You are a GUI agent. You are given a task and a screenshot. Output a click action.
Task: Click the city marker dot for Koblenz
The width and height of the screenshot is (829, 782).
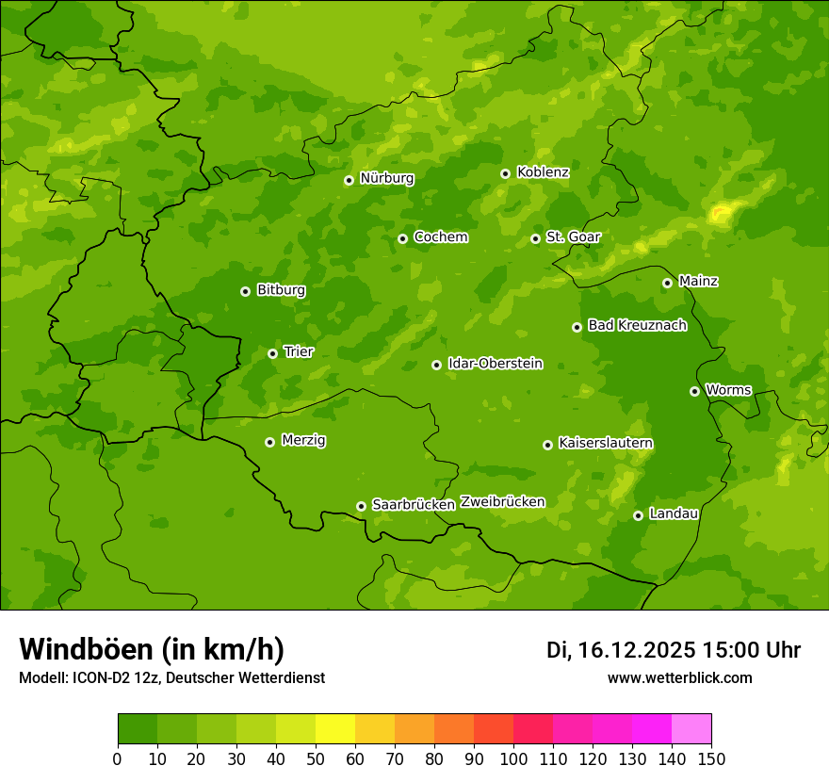click(x=506, y=173)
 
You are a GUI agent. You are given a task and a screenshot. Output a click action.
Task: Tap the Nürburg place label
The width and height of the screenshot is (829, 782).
click(x=386, y=178)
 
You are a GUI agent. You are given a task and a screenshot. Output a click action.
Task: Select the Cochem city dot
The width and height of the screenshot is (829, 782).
click(x=402, y=238)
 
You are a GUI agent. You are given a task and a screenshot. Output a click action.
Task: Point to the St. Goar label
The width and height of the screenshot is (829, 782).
click(x=573, y=237)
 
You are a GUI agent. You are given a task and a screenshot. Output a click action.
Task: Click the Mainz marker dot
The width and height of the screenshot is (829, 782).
click(x=667, y=283)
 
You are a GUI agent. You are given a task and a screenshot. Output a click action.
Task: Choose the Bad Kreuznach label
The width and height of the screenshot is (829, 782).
click(x=637, y=326)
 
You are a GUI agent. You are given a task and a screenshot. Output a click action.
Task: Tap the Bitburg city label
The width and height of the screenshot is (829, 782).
click(x=281, y=290)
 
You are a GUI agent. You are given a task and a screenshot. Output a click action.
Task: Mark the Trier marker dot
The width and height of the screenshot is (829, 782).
click(x=272, y=353)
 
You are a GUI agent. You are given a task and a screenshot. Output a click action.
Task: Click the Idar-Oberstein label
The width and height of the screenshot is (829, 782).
click(x=495, y=364)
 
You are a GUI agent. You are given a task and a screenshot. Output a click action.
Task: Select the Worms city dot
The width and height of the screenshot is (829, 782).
click(x=694, y=391)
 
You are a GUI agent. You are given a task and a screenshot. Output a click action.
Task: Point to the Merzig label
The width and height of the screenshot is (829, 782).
click(x=303, y=441)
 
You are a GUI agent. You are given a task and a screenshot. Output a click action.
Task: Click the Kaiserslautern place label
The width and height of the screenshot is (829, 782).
click(x=606, y=444)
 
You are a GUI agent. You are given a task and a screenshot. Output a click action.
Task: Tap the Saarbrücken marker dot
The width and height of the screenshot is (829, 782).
click(x=361, y=506)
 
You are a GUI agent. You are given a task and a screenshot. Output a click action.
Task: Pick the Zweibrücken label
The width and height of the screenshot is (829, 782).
click(x=502, y=502)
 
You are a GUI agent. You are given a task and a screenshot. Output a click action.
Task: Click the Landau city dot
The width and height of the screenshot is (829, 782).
click(x=638, y=515)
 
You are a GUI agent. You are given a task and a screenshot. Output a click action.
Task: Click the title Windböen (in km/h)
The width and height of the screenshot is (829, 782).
click(x=152, y=649)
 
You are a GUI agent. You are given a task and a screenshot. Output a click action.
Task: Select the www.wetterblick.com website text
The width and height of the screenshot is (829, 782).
click(x=679, y=678)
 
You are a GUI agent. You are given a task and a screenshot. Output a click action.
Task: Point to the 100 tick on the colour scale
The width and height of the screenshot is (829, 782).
click(x=513, y=758)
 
